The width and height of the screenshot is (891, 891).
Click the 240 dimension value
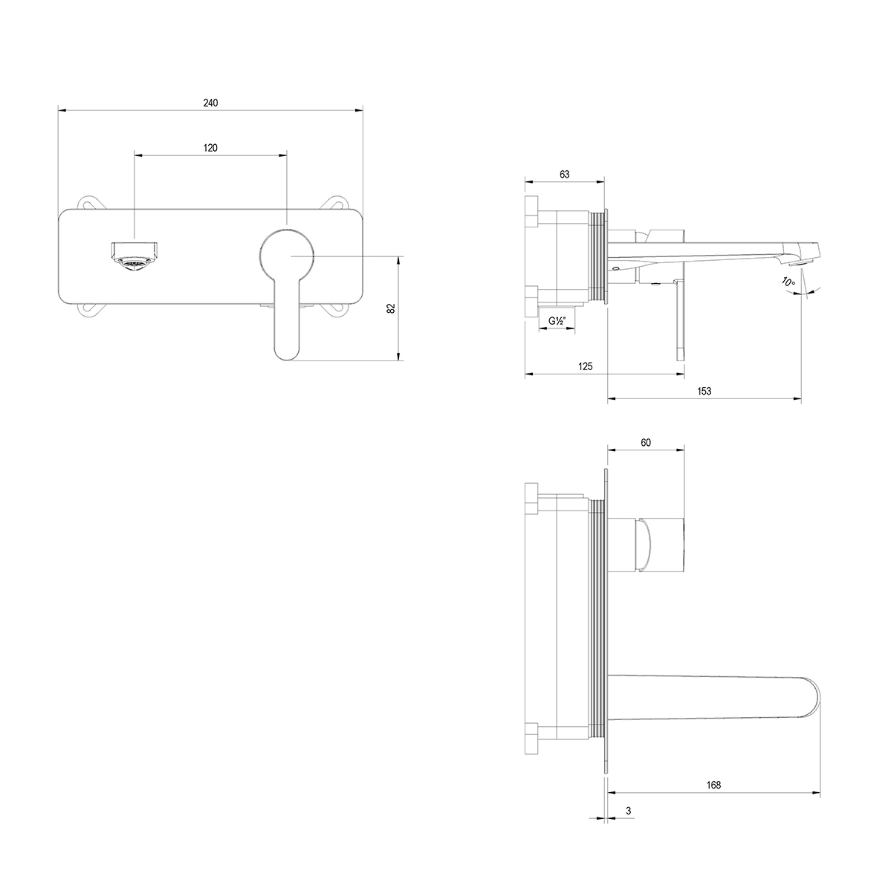[x=210, y=103]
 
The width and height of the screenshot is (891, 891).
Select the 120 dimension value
[x=210, y=148]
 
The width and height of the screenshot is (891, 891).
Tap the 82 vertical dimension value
[x=390, y=308]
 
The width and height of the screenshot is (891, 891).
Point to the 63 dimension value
[x=564, y=175]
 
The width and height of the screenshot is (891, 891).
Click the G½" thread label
[x=557, y=321]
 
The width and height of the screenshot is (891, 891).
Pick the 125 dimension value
[x=586, y=366]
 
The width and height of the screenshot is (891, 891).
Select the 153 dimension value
[x=704, y=391]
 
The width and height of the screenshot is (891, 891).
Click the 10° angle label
[x=788, y=281]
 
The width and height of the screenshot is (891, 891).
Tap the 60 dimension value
[x=646, y=443]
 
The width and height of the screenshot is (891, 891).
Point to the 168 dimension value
[x=713, y=785]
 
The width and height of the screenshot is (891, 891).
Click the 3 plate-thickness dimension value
[x=629, y=811]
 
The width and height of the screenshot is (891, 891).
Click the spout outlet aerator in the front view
[x=135, y=256]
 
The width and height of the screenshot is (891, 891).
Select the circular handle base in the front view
[x=287, y=255]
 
